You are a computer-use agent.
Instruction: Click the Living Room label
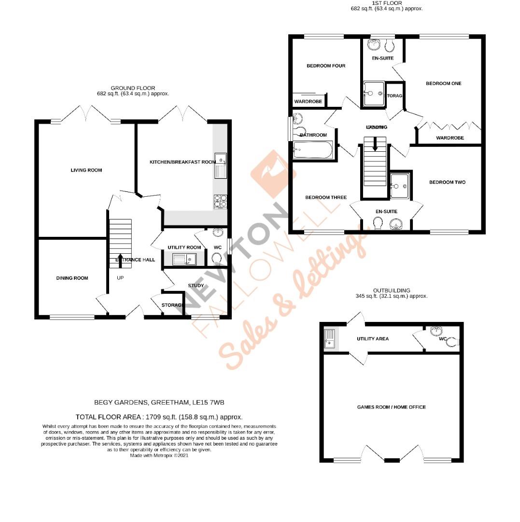pyautogui.click(x=86, y=170)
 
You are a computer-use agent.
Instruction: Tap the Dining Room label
pyautogui.click(x=72, y=278)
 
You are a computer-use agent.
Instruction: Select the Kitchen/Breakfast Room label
pyautogui.click(x=182, y=162)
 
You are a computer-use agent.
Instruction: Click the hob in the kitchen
pyautogui.click(x=220, y=201)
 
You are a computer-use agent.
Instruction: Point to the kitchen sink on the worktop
pyautogui.click(x=221, y=165)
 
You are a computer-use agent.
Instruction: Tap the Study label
pyautogui.click(x=196, y=286)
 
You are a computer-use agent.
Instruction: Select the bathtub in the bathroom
pyautogui.click(x=313, y=150)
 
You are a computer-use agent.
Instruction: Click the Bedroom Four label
pyautogui.click(x=326, y=66)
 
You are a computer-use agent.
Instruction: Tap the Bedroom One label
pyautogui.click(x=443, y=84)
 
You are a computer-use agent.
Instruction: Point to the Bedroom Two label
pyautogui.click(x=447, y=182)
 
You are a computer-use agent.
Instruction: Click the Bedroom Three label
pyautogui.click(x=326, y=197)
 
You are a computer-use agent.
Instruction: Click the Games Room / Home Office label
pyautogui.click(x=391, y=407)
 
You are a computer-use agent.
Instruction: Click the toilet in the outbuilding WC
pyautogui.click(x=452, y=342)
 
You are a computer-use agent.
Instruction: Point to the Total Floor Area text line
pyautogui.click(x=159, y=417)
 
